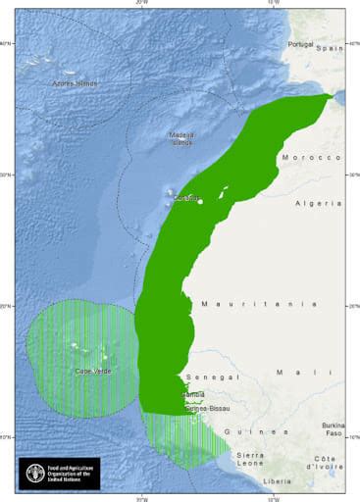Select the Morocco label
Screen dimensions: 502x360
(311, 157)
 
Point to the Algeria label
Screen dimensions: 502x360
(319, 203)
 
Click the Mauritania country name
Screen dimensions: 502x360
(259, 305)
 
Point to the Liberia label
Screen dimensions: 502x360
(279, 482)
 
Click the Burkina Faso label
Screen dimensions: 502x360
(332, 429)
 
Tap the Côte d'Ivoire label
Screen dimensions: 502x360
(331, 464)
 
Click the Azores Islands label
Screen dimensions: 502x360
(76, 83)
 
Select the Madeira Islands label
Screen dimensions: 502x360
(181, 139)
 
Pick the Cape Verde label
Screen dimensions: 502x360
(92, 372)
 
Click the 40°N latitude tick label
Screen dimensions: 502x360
(8, 44)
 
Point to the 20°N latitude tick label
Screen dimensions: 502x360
(8, 307)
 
